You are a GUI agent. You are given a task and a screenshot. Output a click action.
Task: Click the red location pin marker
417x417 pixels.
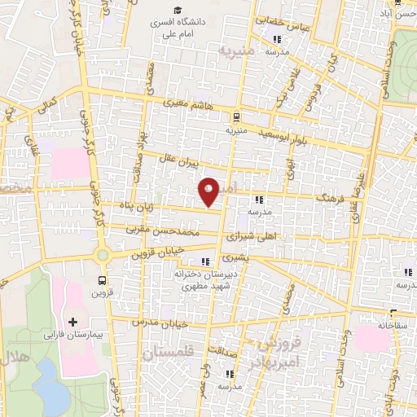pos(209,191)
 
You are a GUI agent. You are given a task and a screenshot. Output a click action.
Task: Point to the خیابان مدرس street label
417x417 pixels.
pos(170,323)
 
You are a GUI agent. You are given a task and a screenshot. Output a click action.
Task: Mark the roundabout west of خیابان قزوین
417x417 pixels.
pos(103,255)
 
